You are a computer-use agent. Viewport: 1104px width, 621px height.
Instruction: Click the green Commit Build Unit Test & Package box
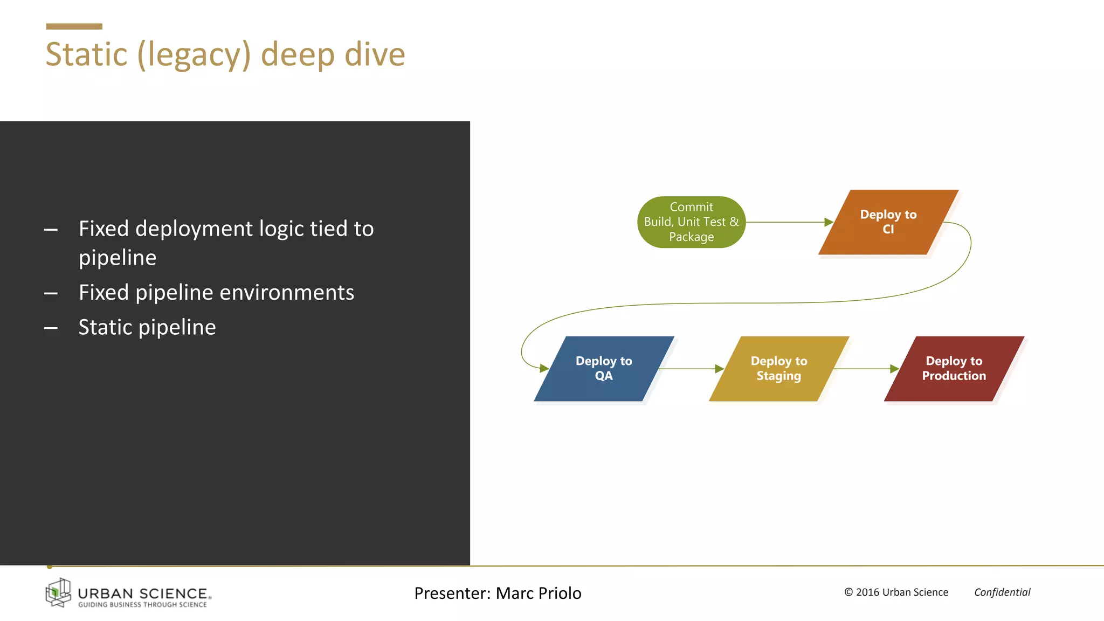coord(691,222)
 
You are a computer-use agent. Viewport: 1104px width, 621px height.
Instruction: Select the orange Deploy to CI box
coord(888,222)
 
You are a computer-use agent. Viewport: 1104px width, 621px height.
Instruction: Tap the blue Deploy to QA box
coord(604,369)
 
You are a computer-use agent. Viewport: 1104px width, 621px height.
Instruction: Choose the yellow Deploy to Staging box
coord(778,369)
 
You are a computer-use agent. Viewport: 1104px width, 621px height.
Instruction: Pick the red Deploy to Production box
coord(954,369)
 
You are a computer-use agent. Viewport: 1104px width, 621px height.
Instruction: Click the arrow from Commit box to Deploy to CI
coord(787,222)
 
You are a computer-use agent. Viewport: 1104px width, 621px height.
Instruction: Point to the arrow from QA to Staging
coord(690,369)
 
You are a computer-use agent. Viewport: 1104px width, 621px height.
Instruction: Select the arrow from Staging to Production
coord(865,369)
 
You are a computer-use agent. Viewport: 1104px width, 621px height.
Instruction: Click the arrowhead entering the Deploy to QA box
coord(544,368)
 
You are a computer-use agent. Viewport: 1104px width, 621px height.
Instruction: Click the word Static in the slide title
coord(86,54)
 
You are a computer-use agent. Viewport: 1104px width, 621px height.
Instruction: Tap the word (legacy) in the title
coord(194,56)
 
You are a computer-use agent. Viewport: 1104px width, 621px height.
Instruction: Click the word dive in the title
coord(375,54)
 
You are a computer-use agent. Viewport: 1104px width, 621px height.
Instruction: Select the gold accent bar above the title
coord(74,26)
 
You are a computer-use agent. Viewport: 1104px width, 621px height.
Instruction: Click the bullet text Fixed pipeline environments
coord(216,293)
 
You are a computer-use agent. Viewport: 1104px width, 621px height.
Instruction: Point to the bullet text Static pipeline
coord(147,327)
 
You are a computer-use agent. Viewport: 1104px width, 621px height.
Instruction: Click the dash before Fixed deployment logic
coord(51,230)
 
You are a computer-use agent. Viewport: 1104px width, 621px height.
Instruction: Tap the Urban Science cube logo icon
coord(58,592)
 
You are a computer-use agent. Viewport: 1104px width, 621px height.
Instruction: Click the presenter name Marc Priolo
coord(538,593)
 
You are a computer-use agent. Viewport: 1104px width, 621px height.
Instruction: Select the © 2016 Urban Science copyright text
coord(896,592)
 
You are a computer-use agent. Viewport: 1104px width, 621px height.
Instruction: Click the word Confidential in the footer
coord(1002,592)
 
